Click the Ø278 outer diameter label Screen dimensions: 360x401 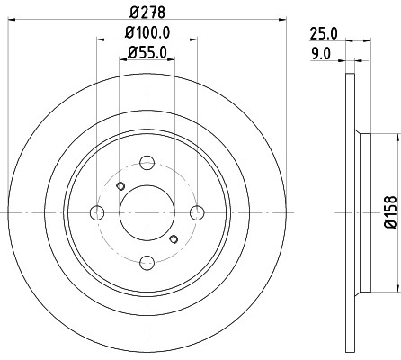tap(147, 12)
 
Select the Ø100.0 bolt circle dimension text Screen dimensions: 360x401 tap(147, 33)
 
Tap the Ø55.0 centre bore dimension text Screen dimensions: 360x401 tap(147, 53)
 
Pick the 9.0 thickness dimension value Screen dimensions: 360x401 tap(322, 53)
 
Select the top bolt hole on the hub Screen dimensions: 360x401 tap(147, 164)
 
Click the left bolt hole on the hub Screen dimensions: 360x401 tap(96, 212)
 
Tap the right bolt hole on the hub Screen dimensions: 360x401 tap(196, 212)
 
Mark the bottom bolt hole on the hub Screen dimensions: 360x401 tap(147, 262)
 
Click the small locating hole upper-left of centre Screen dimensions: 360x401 tap(120, 186)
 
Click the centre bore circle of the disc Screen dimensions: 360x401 tap(147, 212)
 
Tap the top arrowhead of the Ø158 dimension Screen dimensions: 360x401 tap(395, 137)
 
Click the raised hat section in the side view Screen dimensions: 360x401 tap(363, 212)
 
